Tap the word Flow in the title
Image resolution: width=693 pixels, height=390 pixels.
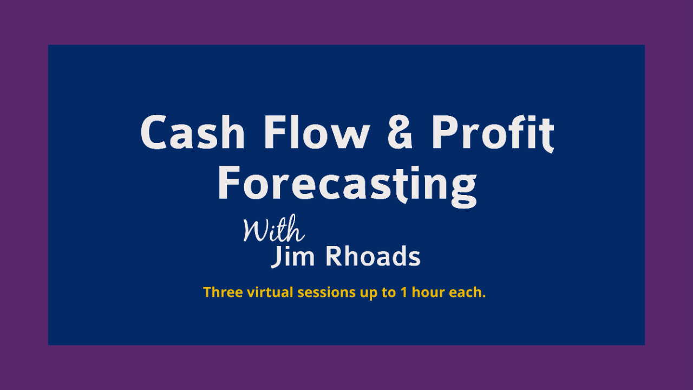[317, 132]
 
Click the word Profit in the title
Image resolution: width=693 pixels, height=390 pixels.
[493, 134]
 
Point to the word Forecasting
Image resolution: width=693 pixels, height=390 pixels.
[347, 186]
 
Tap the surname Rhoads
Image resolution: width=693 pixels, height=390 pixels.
[373, 256]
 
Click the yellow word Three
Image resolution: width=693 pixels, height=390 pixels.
[223, 292]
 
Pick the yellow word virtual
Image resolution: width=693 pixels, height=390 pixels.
[270, 292]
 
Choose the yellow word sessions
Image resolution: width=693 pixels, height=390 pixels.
[326, 293]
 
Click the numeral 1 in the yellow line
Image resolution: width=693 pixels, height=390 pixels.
[403, 292]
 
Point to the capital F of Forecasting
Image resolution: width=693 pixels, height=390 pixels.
[229, 183]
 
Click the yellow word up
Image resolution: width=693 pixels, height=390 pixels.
[369, 294]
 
